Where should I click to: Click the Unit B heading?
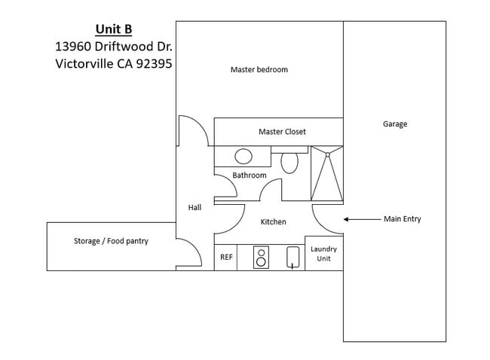113,29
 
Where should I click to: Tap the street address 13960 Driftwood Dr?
113,47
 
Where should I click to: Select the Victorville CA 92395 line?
113,64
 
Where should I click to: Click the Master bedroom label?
259,70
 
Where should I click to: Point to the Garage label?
394,124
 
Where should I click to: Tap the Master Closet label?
282,132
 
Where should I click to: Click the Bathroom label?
249,175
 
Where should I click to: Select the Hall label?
194,208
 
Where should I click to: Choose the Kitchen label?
273,222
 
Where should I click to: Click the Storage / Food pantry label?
111,242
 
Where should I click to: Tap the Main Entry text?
402,219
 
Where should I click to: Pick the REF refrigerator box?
225,257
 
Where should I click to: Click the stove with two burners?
261,257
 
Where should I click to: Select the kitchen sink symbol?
292,257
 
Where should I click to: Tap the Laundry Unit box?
323,254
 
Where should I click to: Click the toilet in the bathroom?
289,162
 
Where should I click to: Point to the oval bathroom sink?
243,157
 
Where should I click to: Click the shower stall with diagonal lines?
327,175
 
